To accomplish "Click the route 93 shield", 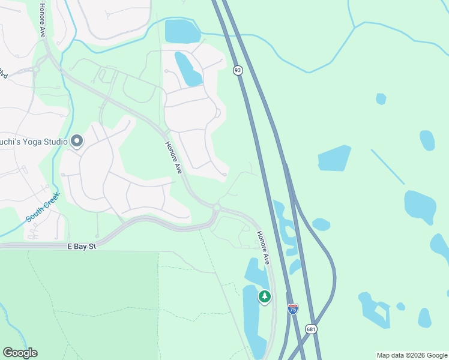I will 238,70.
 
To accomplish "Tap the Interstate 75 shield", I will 293,309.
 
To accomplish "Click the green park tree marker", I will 265,296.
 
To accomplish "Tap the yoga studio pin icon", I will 77,141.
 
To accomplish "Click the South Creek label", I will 43,207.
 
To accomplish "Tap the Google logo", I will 20,353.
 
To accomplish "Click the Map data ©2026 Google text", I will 411,355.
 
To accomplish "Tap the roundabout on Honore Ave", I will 217,208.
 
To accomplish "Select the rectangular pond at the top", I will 182,31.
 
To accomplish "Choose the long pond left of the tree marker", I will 253,321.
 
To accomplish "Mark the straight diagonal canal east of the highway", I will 387,166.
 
